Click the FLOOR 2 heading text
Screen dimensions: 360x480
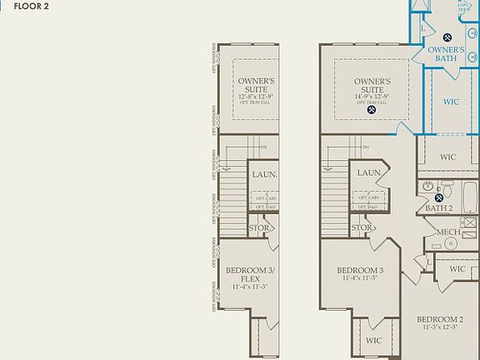coord(32,5)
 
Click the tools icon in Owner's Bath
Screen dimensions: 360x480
coord(447,37)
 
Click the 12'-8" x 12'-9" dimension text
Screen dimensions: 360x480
coord(256,97)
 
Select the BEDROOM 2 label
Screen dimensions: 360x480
coord(440,320)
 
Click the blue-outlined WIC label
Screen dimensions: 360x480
coord(451,102)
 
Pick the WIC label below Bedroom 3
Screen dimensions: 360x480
coord(373,340)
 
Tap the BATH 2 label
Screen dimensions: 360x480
coord(438,207)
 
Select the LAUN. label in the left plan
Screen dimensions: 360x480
coord(264,174)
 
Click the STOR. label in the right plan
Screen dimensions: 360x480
coord(361,227)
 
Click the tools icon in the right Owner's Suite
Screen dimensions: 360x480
coord(372,109)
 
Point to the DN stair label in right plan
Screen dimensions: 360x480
coord(365,148)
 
